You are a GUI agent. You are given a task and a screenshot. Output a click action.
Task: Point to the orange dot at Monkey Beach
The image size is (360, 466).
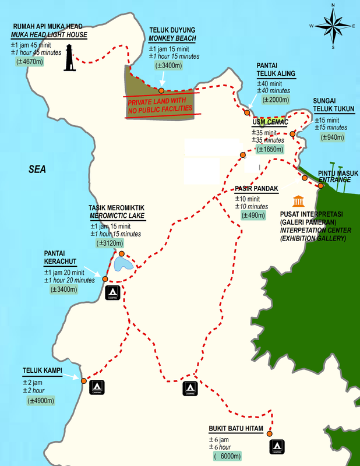pyautogui.click(x=161, y=90)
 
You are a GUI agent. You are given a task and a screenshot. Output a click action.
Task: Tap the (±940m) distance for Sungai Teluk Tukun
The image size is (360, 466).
pyautogui.click(x=333, y=137)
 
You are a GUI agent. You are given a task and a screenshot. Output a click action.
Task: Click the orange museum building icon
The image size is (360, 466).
pyautogui.click(x=299, y=202)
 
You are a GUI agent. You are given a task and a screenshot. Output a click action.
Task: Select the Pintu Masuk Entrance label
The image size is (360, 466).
pyautogui.click(x=334, y=176)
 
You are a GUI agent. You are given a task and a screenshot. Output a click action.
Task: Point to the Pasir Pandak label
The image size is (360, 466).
pyautogui.click(x=257, y=189)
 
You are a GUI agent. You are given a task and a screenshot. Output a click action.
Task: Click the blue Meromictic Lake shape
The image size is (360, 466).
pyautogui.click(x=123, y=264)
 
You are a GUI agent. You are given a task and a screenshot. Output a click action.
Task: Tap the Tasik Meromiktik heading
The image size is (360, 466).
pyautogui.click(x=117, y=208)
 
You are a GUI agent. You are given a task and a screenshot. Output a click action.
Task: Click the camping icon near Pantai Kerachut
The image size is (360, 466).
pyautogui.click(x=112, y=293)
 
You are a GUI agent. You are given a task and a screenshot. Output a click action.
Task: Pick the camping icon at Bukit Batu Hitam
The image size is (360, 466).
pyautogui.click(x=277, y=447)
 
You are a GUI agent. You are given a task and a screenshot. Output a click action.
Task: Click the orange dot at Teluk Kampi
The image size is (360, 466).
pyautogui.click(x=84, y=381)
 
